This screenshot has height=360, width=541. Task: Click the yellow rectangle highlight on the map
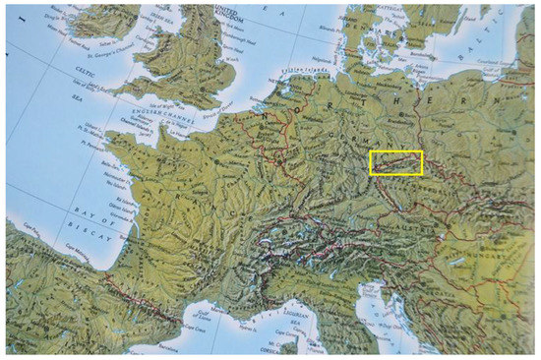point(395,162)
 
